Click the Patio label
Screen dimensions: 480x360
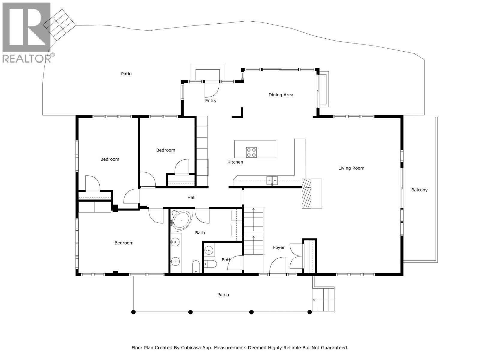[126, 74]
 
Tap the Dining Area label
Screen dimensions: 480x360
[281, 95]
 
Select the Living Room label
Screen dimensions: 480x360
[351, 168]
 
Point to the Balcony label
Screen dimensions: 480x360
[419, 190]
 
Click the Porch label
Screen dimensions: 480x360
[223, 295]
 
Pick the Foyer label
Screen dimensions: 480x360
[279, 247]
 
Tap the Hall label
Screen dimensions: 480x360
[191, 198]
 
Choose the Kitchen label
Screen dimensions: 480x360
[235, 162]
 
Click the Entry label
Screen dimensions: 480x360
[211, 100]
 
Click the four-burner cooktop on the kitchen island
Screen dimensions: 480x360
[251, 152]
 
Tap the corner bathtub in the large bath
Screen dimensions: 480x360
[181, 220]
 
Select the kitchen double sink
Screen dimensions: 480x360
[272, 181]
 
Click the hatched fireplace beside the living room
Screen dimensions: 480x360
[306, 193]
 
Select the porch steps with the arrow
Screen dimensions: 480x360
[323, 300]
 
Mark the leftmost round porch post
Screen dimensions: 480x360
[133, 312]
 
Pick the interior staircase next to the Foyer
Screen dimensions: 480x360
[253, 231]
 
